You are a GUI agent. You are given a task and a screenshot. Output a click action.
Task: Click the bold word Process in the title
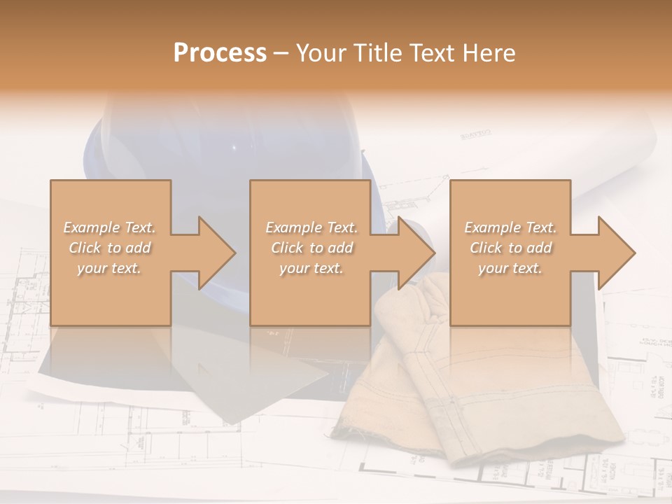[220, 53]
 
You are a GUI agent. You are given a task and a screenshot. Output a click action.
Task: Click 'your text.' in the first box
[109, 268]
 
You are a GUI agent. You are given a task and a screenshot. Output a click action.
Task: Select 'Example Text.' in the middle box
[311, 227]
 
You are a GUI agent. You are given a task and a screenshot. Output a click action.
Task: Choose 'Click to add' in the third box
[511, 248]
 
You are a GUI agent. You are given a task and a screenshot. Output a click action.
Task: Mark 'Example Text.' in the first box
[109, 227]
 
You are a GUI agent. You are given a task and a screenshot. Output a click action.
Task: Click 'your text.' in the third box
[510, 268]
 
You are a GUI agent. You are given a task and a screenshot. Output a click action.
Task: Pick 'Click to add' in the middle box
[311, 248]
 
